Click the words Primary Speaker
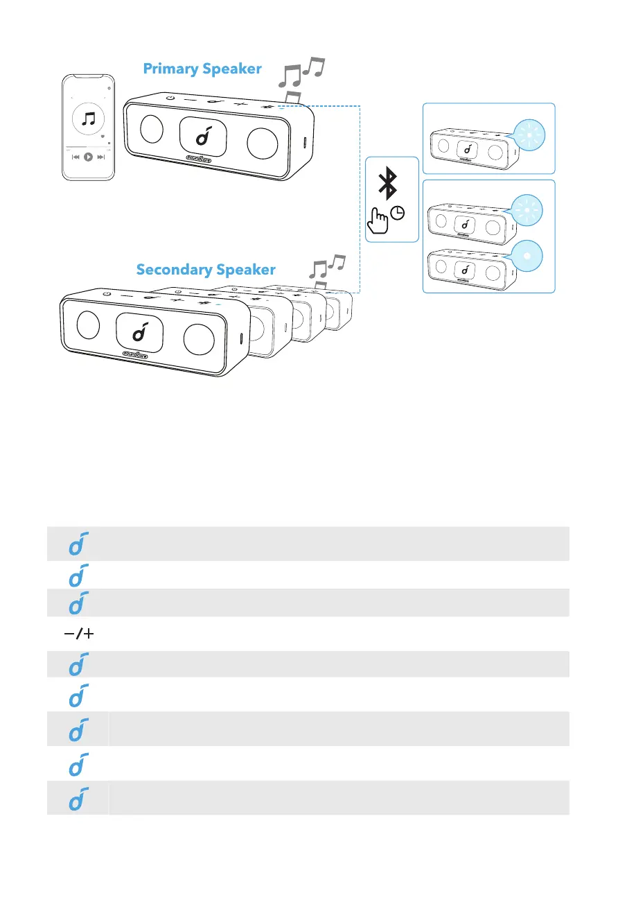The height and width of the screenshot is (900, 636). click(202, 69)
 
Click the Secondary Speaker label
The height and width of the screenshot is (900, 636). click(206, 269)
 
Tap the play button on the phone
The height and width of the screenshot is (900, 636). click(89, 157)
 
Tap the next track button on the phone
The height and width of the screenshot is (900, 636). click(101, 157)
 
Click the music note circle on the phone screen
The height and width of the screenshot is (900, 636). click(89, 119)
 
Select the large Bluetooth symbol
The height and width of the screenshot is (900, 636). click(389, 184)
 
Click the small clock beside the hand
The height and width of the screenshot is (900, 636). click(398, 214)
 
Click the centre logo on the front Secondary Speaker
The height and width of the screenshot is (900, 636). click(141, 333)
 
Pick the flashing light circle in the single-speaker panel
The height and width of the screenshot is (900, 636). click(529, 135)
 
